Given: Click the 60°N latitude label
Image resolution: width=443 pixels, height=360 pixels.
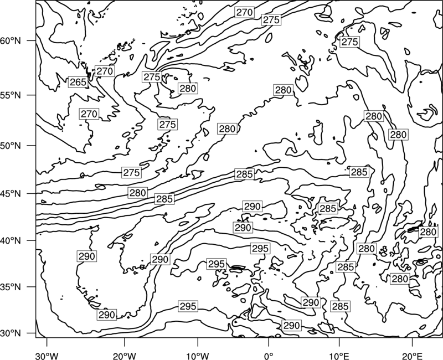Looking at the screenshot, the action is (x=11, y=41).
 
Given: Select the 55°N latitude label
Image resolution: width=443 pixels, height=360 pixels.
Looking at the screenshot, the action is (x=11, y=95).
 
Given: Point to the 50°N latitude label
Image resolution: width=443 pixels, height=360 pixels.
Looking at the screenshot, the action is (x=11, y=146).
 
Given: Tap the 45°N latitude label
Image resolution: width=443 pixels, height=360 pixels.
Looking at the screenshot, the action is (x=11, y=194).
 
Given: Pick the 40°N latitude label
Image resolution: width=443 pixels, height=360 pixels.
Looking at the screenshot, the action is (x=11, y=241).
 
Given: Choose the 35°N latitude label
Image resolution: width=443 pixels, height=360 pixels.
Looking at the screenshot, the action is (x=11, y=287).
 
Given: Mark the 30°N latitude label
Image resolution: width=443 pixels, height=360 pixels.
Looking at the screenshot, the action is (x=11, y=333).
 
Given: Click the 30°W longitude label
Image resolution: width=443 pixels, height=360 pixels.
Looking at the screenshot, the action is (x=47, y=356).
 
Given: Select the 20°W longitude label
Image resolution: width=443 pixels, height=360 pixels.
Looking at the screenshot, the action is (x=125, y=356).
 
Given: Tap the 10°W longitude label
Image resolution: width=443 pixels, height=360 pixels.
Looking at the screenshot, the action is (x=198, y=356).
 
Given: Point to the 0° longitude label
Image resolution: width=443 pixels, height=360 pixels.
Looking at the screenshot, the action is (x=268, y=356).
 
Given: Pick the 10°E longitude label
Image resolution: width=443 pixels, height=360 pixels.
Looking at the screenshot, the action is (x=339, y=356).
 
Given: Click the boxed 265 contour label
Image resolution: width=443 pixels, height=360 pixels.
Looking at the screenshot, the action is (x=78, y=82).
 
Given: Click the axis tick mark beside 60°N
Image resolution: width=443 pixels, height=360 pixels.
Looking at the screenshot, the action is (x=32, y=40).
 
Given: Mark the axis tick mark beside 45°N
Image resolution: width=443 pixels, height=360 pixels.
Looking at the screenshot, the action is (x=32, y=193).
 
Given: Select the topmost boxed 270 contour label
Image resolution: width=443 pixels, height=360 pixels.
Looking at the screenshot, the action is (x=244, y=12).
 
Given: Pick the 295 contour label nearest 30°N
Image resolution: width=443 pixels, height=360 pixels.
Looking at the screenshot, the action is (x=188, y=306).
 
